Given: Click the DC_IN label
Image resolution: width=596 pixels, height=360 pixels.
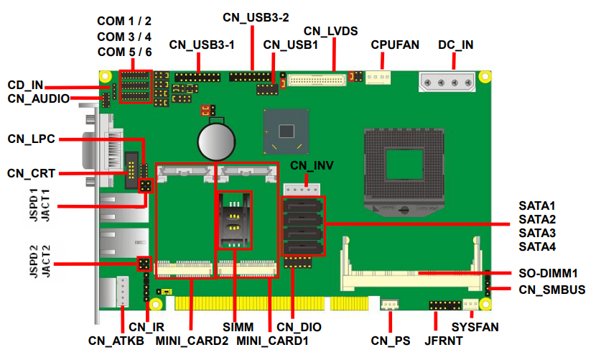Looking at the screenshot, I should coord(455,45).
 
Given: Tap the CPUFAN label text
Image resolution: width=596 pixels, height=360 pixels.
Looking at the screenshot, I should coord(394,45).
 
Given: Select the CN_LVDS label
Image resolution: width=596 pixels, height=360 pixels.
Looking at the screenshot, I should coord(330,31).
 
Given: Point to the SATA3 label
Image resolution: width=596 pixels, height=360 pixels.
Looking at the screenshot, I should coord(538,233).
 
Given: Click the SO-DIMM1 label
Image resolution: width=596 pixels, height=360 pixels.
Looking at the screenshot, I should coord(549,274).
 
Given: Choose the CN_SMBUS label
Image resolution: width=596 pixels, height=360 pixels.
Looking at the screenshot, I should coord(551,290).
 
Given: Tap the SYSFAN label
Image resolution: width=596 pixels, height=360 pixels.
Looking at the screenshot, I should coord(475,327).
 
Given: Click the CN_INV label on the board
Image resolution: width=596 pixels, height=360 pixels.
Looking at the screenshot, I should coord(312,166).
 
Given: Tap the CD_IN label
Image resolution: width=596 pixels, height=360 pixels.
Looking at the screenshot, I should coord(26,85).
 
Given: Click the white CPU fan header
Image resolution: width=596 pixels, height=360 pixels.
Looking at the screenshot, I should coord(377,77).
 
